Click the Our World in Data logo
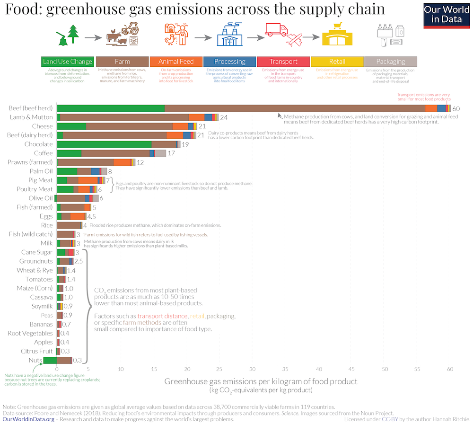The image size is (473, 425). pos(447,15)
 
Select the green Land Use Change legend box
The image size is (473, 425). pos(68,62)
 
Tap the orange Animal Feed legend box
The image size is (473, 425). pos(176,62)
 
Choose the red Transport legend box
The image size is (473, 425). pos(283,62)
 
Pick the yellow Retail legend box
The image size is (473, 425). pos(337,62)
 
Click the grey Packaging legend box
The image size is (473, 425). pos(390,62)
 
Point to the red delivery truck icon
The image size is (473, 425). pos(277,30)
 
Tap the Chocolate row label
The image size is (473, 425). pos(38,144)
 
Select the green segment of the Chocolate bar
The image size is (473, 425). pos(104,144)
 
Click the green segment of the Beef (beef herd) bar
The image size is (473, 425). pos(110,108)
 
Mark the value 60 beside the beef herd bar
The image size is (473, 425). pos(456,109)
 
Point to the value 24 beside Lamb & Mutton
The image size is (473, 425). pos(224,117)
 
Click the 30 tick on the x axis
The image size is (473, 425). pos(253,369)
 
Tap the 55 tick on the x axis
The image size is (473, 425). pos(417,369)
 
